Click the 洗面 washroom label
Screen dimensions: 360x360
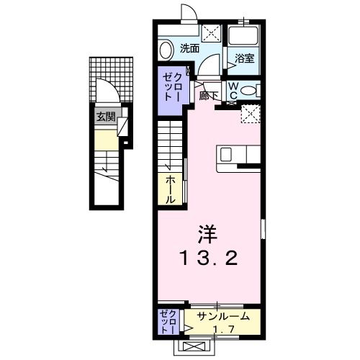(190, 49)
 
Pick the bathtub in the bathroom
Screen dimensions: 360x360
(243, 37)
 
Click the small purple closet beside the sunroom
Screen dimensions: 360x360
(167, 321)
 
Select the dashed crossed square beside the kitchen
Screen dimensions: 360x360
(250, 114)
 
